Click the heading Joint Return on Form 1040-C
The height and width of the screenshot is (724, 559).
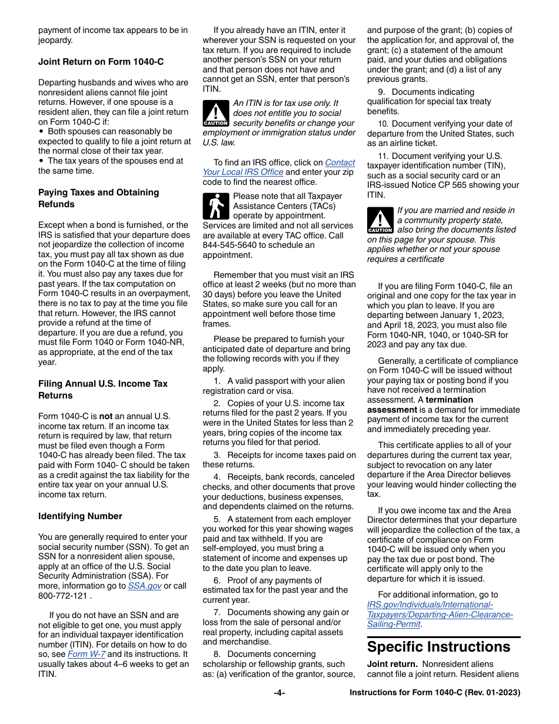click(101, 61)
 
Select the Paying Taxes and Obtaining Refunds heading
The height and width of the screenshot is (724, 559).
click(98, 198)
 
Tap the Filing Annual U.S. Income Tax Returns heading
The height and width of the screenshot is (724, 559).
click(103, 389)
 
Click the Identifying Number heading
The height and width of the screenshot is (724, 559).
click(80, 516)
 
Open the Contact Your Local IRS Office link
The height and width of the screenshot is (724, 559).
click(278, 167)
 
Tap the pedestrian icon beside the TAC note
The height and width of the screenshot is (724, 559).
click(215, 206)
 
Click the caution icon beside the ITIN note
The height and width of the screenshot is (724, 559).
click(215, 113)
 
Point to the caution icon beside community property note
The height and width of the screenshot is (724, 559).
click(380, 220)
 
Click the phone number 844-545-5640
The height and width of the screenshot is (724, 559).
click(229, 245)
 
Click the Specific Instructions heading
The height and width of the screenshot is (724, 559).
click(438, 647)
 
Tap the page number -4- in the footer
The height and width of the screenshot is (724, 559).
click(279, 693)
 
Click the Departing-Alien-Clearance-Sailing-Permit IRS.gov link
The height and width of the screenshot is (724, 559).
click(440, 615)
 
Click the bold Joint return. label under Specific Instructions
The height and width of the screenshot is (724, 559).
click(388, 664)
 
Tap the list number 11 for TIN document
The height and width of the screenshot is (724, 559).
click(383, 156)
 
